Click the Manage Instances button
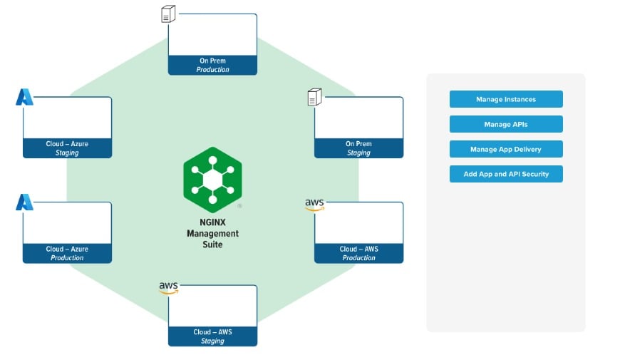tap(506, 99)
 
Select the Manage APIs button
tap(506, 124)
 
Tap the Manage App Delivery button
tap(506, 149)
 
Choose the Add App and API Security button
tap(506, 174)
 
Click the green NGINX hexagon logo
tap(212, 179)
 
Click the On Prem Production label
tap(212, 66)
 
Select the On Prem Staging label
tap(358, 148)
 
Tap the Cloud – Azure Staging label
tap(67, 148)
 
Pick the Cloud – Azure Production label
tap(67, 253)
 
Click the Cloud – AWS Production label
tap(358, 253)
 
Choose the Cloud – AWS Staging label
tap(212, 336)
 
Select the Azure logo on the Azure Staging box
tap(24, 97)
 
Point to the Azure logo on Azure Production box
tap(24, 202)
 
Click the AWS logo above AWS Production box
tap(314, 205)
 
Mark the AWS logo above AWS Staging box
tap(168, 288)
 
